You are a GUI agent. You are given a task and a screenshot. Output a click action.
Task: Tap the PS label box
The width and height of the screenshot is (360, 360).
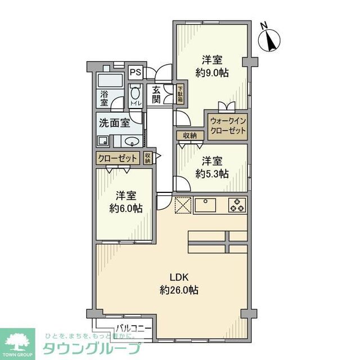click(135, 73)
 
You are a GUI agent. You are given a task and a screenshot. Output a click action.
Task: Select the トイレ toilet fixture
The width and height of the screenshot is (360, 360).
click(136, 95)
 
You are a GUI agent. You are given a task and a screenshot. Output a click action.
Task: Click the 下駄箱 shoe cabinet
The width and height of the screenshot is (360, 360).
click(181, 93)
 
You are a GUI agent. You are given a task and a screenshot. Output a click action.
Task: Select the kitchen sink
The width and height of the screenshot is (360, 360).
click(209, 205)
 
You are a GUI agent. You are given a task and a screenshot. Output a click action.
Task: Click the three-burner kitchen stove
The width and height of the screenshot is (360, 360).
click(237, 205)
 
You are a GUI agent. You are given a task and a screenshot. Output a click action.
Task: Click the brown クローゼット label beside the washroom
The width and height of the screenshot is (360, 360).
click(118, 158)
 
